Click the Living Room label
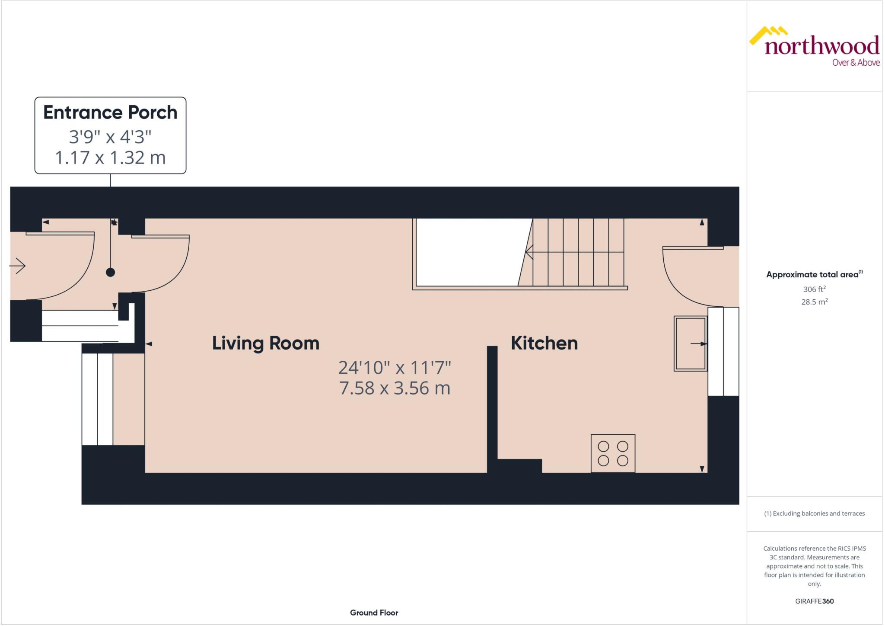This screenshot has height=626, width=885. tap(265, 343)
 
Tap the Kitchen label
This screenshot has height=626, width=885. tap(544, 343)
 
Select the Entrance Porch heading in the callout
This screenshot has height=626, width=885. tap(110, 112)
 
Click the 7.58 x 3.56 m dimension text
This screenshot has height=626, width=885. tap(395, 388)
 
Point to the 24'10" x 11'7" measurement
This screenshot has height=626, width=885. tap(395, 368)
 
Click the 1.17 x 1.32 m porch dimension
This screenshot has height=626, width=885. tap(110, 157)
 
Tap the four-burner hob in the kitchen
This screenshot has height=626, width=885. tap(613, 453)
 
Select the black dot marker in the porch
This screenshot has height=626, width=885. tap(111, 272)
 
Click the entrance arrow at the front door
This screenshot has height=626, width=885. tap(18, 266)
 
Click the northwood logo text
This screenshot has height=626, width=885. tap(821, 46)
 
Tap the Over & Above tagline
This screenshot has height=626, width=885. tap(856, 63)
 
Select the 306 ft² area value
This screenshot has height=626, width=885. tap(814, 289)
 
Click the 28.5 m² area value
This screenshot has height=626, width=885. tap(814, 302)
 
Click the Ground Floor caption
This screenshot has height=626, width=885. tap(374, 613)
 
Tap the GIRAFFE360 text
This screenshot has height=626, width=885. tap(814, 601)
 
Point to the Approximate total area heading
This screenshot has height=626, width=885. tap(812, 274)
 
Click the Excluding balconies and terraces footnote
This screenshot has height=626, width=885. tap(814, 514)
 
